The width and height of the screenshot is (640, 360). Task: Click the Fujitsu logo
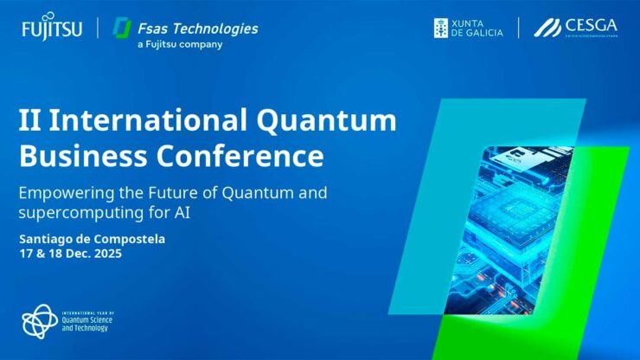tap(52, 29)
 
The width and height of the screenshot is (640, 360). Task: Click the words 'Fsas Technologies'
tap(197, 28)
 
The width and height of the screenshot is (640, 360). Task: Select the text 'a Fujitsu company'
tap(180, 45)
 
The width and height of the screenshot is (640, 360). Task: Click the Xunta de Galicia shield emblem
tap(441, 28)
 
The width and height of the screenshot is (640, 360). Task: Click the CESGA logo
tap(575, 28)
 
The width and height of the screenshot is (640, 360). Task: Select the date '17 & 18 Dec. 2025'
tap(70, 254)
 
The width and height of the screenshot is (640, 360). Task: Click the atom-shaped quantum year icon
tap(40, 321)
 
